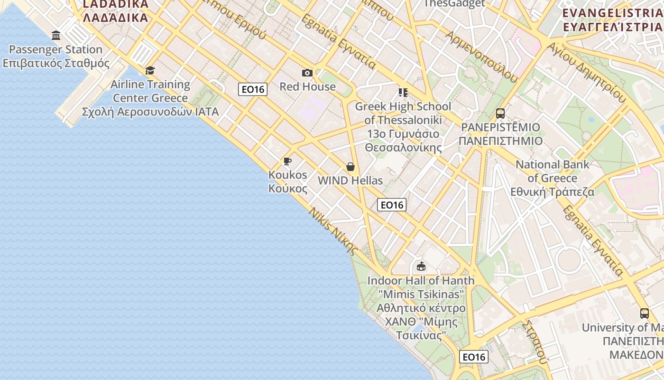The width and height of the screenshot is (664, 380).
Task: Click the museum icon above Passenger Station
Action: tap(56, 35)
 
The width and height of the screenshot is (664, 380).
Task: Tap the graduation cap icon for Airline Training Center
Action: tap(150, 71)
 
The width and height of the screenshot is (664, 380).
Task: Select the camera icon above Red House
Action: tap(307, 73)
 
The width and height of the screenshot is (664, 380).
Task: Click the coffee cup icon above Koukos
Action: tap(287, 161)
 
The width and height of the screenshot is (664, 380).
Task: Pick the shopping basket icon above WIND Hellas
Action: tap(350, 167)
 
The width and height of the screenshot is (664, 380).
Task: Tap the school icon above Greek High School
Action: tap(403, 92)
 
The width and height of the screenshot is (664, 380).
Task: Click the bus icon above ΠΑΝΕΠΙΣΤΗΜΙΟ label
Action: tap(500, 114)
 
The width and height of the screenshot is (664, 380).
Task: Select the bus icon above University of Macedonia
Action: tap(644, 313)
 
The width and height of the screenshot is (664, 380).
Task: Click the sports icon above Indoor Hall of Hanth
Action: tap(421, 266)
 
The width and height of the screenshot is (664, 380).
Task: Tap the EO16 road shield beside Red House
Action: tap(253, 89)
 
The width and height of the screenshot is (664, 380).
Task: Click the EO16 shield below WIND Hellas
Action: tap(392, 205)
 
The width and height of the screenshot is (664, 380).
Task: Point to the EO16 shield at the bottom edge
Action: tap(473, 357)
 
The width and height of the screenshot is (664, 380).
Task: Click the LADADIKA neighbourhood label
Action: tap(115, 11)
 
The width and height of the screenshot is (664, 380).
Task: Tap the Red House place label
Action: tap(307, 86)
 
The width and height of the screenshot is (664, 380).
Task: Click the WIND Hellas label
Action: tap(350, 180)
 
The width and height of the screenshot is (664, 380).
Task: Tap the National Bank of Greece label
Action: tap(553, 178)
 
